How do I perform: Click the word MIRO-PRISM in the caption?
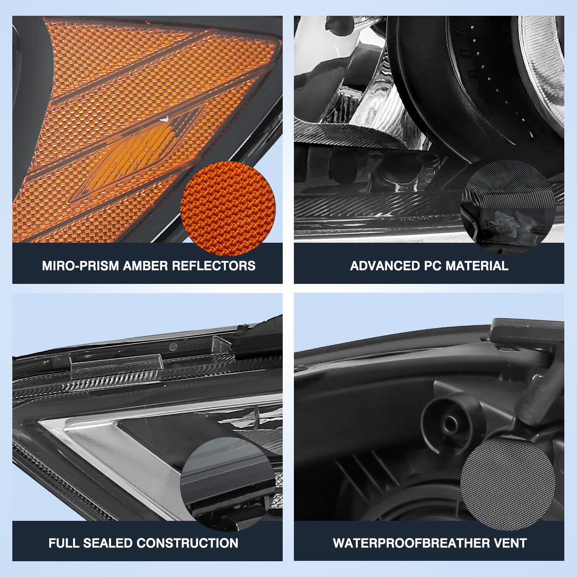pos(80,266)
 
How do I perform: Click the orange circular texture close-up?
pos(228,208)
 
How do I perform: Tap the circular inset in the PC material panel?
pos(508,207)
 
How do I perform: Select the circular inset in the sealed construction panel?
pos(228,484)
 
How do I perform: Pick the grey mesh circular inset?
pos(508,484)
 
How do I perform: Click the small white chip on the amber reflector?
pos(165,119)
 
